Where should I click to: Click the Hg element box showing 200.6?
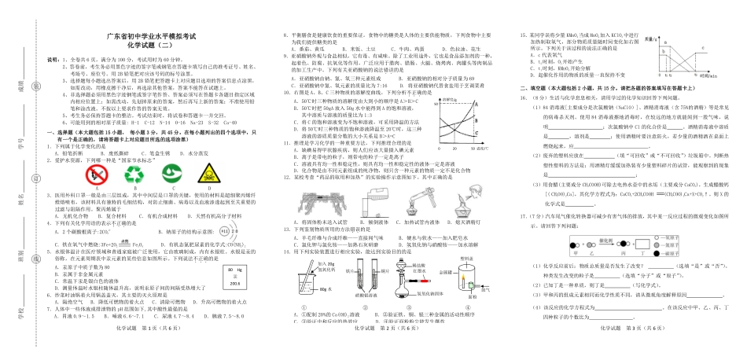click(233, 275)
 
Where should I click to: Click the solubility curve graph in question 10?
click(460, 122)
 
